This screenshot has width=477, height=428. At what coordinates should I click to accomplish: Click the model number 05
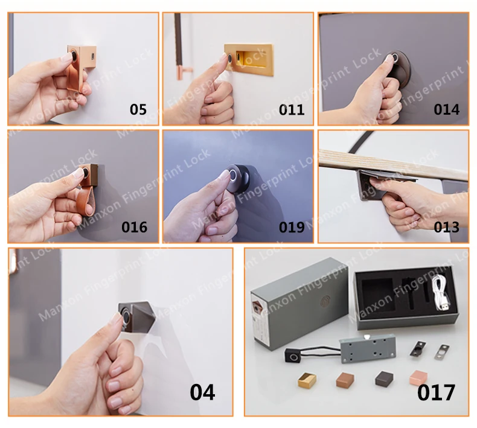138,110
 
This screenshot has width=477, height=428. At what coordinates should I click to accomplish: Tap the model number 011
292,110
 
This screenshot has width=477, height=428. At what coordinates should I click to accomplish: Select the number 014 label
447,110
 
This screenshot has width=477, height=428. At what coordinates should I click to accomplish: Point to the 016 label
134,228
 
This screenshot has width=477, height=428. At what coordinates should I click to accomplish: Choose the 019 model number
292,228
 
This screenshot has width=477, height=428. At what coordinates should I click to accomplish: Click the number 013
447,228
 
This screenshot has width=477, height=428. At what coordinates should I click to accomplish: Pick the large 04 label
202,392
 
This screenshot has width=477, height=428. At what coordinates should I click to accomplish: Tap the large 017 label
437,392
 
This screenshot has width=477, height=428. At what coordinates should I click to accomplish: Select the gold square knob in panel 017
307,380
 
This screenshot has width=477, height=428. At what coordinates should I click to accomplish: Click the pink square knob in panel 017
418,378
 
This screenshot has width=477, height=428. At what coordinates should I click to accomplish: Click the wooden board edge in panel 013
392,165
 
